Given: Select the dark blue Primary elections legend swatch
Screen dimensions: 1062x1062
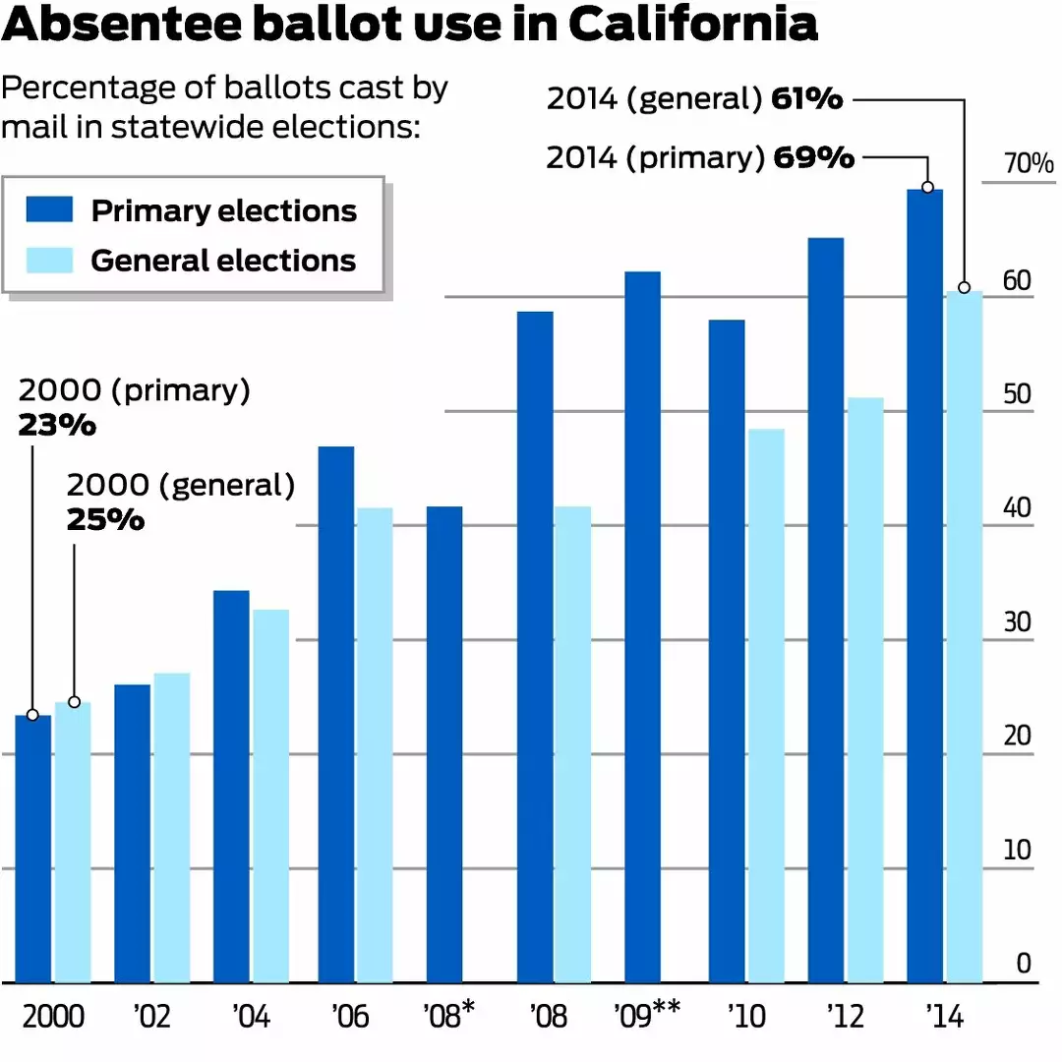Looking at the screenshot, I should pyautogui.click(x=50, y=209).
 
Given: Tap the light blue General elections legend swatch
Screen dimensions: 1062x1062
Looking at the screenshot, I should pyautogui.click(x=50, y=260).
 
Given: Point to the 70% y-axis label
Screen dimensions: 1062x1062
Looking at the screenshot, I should pyautogui.click(x=1029, y=164).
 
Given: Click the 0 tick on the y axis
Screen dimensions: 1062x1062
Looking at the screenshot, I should pyautogui.click(x=1024, y=964).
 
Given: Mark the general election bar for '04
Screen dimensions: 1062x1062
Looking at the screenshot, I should pyautogui.click(x=270, y=796).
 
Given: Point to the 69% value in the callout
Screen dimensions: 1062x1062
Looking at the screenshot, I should pyautogui.click(x=813, y=158).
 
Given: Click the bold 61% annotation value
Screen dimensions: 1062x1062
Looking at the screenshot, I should pyautogui.click(x=807, y=99).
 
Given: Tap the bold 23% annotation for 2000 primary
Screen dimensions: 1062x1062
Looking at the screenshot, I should pyautogui.click(x=57, y=426).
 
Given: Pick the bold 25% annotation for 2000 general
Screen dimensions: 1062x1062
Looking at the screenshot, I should pyautogui.click(x=105, y=519).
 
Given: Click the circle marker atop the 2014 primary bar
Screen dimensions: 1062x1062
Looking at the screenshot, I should pyautogui.click(x=927, y=187).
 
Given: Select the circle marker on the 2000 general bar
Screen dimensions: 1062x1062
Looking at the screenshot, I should pyautogui.click(x=74, y=702).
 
